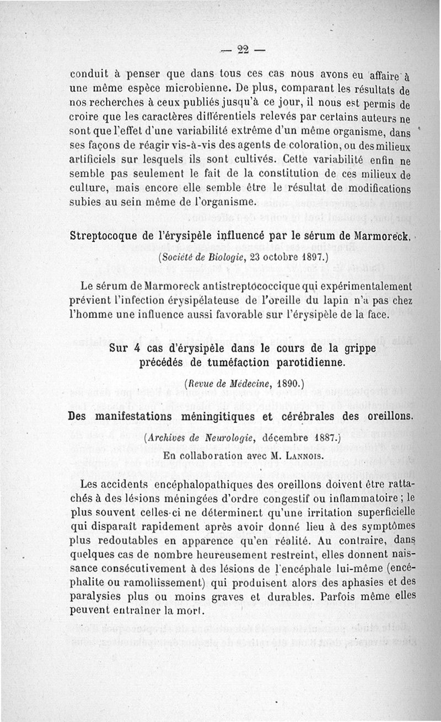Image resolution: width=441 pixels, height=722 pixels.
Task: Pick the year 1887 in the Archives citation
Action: point(320,439)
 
